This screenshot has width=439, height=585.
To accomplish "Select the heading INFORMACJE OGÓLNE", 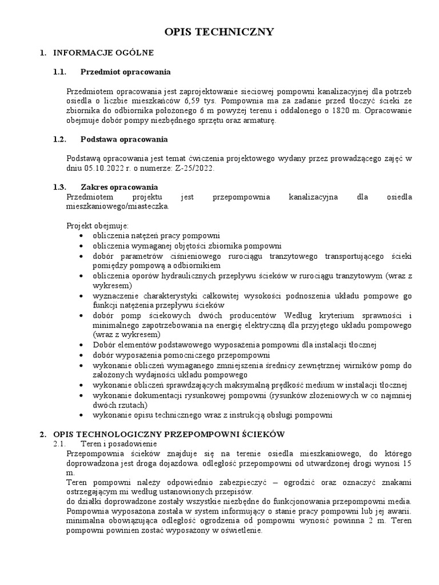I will coord(103,53).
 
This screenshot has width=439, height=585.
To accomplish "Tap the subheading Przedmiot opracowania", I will coord(125,72).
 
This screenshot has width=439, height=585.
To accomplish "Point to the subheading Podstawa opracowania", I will coord(124,139).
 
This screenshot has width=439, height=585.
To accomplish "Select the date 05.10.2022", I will coord(99,169).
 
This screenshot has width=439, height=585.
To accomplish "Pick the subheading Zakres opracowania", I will coord(119,187).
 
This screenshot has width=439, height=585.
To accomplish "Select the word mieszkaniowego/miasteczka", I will coord(118,206).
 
